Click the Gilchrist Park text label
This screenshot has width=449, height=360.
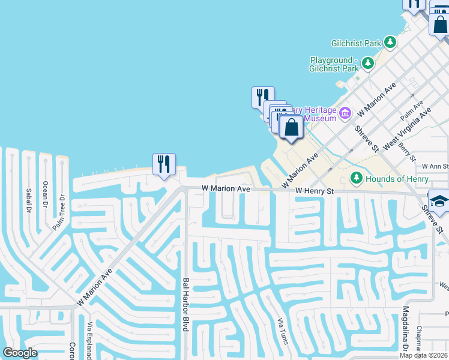[357, 43]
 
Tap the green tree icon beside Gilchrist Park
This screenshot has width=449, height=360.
[391, 42]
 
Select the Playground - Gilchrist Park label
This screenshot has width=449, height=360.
[334, 64]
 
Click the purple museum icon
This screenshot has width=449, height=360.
[345, 113]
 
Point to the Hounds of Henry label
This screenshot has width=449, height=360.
[398, 179]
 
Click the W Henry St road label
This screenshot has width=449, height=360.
[315, 190]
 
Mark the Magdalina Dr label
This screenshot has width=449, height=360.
[406, 329]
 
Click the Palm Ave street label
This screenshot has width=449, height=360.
[412, 110]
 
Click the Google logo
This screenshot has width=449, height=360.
[20, 353]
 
